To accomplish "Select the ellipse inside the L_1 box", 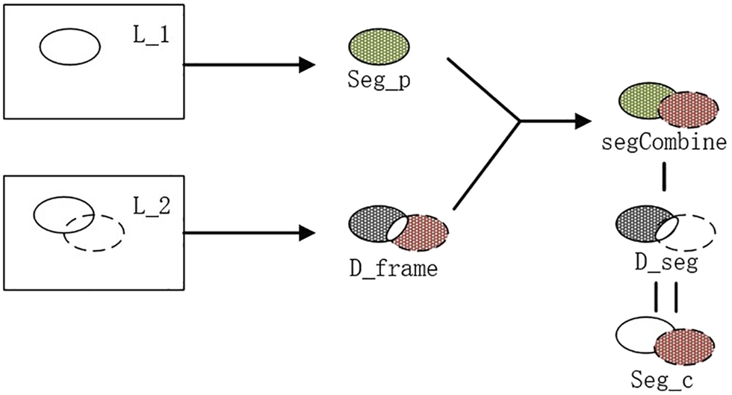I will pyautogui.click(x=69, y=46).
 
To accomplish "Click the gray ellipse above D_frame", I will pyautogui.click(x=370, y=222).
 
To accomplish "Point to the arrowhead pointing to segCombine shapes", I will pyautogui.click(x=586, y=120).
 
